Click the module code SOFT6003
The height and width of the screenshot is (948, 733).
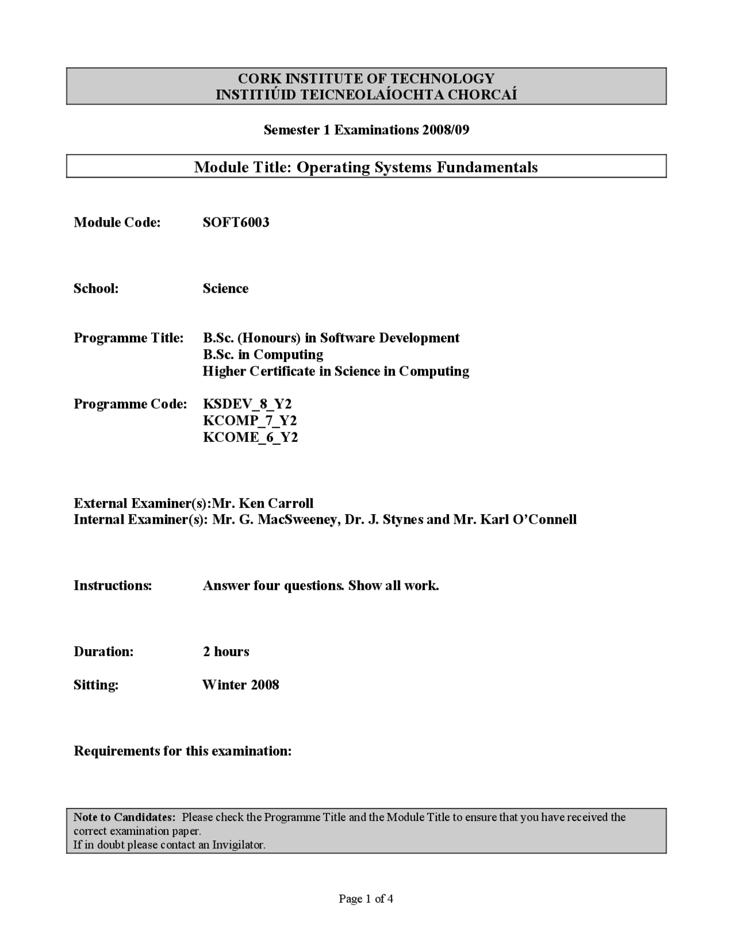coord(235,223)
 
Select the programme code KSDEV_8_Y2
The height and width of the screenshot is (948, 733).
coord(247,404)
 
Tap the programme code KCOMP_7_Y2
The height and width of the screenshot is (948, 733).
coord(250,421)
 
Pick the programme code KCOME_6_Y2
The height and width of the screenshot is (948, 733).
coord(250,437)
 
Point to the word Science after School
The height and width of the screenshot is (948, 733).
coord(225,289)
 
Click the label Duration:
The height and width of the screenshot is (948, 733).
coord(103,651)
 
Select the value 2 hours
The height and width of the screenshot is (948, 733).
coord(226,651)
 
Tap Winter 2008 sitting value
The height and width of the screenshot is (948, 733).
coord(241,685)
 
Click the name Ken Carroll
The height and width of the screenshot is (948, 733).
coord(275,504)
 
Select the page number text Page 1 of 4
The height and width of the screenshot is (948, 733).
coord(366,899)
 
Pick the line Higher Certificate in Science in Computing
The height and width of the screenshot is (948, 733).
coord(336,372)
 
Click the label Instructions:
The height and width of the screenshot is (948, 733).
coord(112,586)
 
